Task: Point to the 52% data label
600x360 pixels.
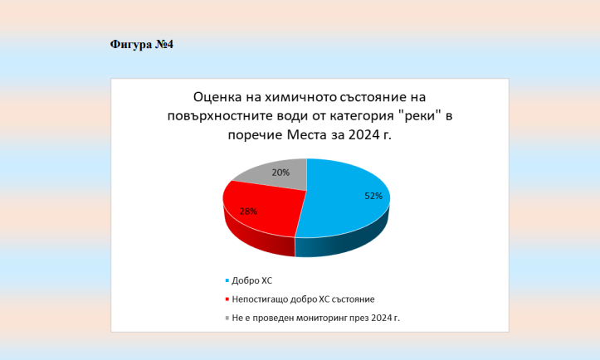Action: coord(373,196)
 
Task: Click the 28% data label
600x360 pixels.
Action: coord(248,212)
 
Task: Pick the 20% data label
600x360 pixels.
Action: coord(280,173)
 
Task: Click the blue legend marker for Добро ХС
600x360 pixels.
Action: coord(227,281)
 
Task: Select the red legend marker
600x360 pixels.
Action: coord(227,299)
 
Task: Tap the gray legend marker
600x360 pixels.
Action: coord(227,318)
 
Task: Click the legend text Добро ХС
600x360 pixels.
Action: coord(252,281)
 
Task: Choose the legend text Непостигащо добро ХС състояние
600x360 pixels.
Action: coord(303,299)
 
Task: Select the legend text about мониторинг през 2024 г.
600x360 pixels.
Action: coord(315,318)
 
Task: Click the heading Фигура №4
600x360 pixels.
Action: coord(142,45)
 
